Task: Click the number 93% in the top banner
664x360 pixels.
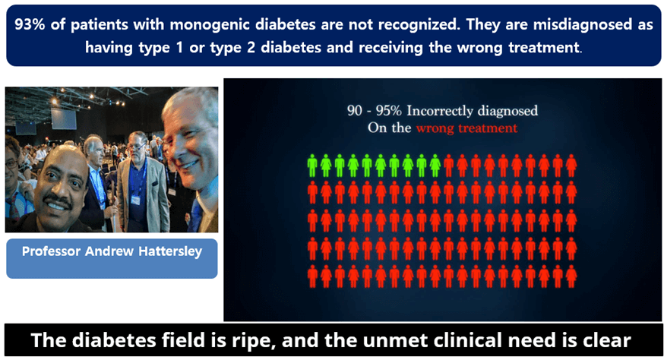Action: click(30, 24)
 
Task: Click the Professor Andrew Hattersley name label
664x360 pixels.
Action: click(111, 251)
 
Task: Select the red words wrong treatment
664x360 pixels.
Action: click(466, 128)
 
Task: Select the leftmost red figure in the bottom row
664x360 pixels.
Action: click(312, 276)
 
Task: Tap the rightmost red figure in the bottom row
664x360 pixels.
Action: click(571, 276)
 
